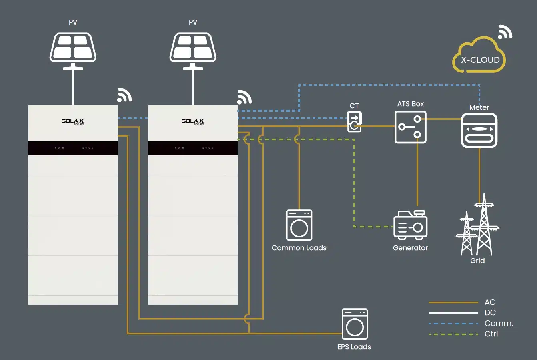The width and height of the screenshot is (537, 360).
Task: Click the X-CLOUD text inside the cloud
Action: click(x=480, y=60)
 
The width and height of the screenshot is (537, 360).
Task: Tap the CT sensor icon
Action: click(x=354, y=122)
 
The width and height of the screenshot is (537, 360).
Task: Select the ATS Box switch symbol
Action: click(x=411, y=127)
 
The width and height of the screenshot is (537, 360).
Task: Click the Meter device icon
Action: click(x=479, y=131)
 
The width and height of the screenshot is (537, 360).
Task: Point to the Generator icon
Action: click(x=411, y=225)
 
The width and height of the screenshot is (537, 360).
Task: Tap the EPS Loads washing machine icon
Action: click(x=355, y=324)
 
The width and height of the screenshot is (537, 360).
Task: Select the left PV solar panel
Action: click(x=73, y=47)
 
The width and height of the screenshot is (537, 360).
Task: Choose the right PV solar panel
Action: click(x=193, y=47)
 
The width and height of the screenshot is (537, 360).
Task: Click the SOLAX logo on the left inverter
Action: click(x=72, y=121)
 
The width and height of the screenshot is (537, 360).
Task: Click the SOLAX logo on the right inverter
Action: click(x=192, y=121)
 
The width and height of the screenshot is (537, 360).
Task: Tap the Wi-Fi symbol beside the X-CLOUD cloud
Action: click(x=505, y=32)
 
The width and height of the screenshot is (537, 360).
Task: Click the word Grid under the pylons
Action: click(x=477, y=261)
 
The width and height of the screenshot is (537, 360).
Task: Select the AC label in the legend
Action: click(x=490, y=302)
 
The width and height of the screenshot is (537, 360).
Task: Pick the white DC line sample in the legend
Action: click(x=453, y=313)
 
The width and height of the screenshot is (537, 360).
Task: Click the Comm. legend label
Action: click(x=498, y=323)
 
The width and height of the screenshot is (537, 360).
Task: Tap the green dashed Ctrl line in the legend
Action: click(x=453, y=334)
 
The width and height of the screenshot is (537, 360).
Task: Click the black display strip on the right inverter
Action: click(x=193, y=148)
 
